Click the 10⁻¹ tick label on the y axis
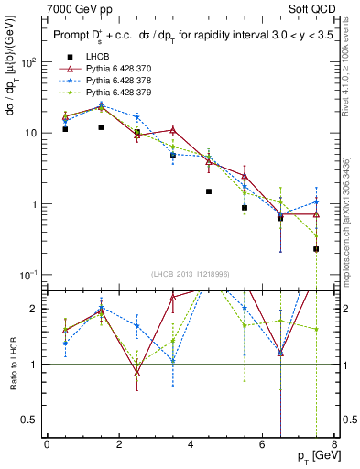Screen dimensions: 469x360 [x=27, y=275]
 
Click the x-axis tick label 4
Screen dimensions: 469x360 [x=191, y=445]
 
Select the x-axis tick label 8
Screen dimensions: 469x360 [x=334, y=445]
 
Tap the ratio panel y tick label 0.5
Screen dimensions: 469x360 [x=30, y=420]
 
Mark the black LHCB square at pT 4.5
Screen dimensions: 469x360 [x=209, y=191]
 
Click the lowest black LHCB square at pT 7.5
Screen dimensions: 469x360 [x=316, y=249]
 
